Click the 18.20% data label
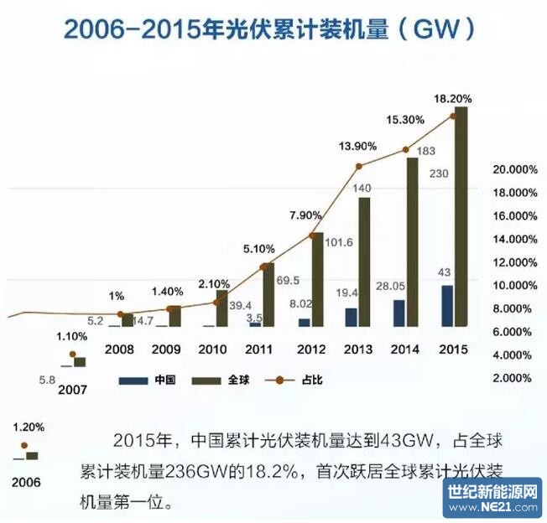point(452,99)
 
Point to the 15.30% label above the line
point(405,120)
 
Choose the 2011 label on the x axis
point(260,348)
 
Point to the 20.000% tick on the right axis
point(513,169)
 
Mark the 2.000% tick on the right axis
point(513,378)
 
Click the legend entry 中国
point(164,380)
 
